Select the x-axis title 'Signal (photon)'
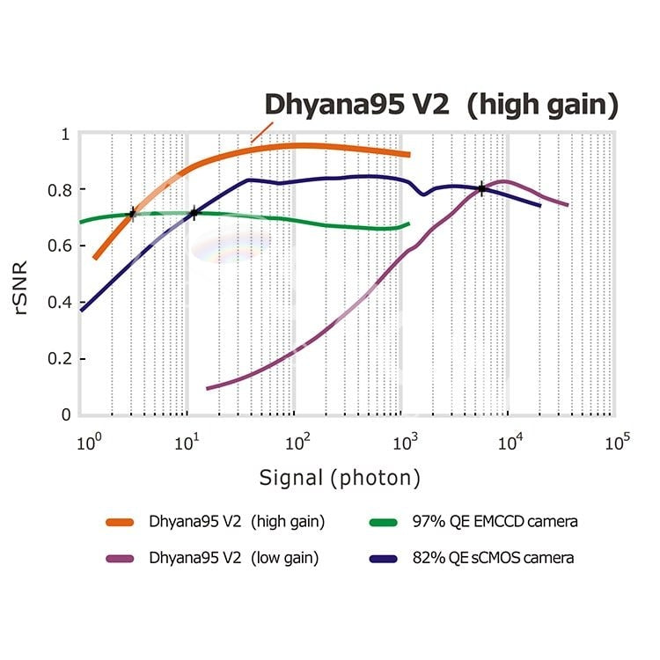point(339,478)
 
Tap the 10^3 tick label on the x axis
point(404,441)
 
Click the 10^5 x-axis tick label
point(618,441)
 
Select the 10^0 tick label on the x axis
point(85,441)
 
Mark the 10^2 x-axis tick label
point(297,441)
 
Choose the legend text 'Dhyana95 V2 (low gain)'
point(234,558)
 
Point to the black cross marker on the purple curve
point(481,188)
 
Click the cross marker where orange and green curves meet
point(132,213)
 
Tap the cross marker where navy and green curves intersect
point(194,213)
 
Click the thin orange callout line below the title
point(260,133)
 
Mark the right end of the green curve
point(409,224)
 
